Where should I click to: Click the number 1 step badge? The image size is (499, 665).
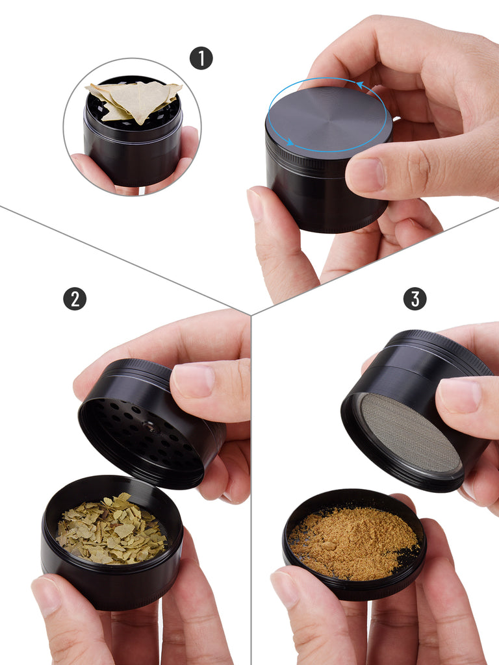[201, 58]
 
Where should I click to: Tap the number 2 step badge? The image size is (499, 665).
[75, 299]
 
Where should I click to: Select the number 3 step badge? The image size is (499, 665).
[415, 299]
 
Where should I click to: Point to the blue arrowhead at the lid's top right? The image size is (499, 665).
[361, 85]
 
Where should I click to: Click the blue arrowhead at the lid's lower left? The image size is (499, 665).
[289, 142]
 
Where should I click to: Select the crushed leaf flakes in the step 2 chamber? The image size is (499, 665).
[112, 529]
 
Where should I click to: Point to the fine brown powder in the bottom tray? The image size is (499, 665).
[353, 544]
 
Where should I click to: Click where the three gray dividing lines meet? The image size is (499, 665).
[251, 315]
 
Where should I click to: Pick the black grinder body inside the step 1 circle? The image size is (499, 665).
[133, 140]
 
